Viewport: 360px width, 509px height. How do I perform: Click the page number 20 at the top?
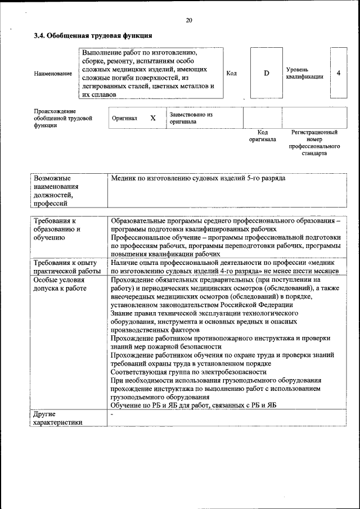[x=188, y=21]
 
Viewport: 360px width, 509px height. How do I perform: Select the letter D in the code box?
[x=267, y=73]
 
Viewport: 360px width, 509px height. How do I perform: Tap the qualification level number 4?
[x=338, y=73]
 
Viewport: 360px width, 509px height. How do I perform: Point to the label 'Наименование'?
[x=53, y=74]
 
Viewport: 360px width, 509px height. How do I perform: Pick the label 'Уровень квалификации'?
[x=304, y=73]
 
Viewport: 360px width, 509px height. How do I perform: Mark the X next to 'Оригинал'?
[x=152, y=119]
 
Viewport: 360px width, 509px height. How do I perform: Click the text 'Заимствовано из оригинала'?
[x=191, y=118]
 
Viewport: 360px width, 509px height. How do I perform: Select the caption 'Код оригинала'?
[x=262, y=136]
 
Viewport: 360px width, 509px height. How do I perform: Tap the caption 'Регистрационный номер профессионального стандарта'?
[x=314, y=143]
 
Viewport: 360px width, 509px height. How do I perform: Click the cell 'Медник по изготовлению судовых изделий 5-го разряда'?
[x=198, y=178]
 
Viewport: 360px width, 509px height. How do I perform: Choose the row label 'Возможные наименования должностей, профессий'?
[x=56, y=191]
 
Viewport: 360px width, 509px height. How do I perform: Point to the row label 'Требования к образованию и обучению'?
[x=57, y=229]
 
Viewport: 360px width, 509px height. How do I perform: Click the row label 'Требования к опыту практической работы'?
[x=65, y=267]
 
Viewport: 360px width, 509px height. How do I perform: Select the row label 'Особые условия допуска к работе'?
[x=60, y=283]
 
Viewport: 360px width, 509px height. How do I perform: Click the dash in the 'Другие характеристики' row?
[x=112, y=415]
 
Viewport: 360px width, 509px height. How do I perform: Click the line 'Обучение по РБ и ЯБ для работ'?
[x=193, y=406]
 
